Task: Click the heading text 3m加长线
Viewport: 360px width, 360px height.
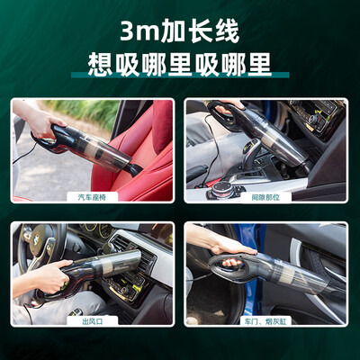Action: tap(179, 31)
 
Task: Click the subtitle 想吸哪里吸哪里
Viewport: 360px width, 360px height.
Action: tap(179, 64)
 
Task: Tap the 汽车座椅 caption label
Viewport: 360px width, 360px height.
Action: tap(92, 197)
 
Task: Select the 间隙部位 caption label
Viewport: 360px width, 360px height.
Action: tap(265, 197)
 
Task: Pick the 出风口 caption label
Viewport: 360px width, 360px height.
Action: tap(92, 321)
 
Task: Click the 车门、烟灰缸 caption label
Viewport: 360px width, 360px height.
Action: tap(265, 321)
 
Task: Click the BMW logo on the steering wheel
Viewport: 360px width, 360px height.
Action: tap(36, 239)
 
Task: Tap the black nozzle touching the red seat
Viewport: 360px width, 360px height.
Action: tap(133, 170)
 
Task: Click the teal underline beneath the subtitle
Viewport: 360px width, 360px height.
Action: tap(180, 75)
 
